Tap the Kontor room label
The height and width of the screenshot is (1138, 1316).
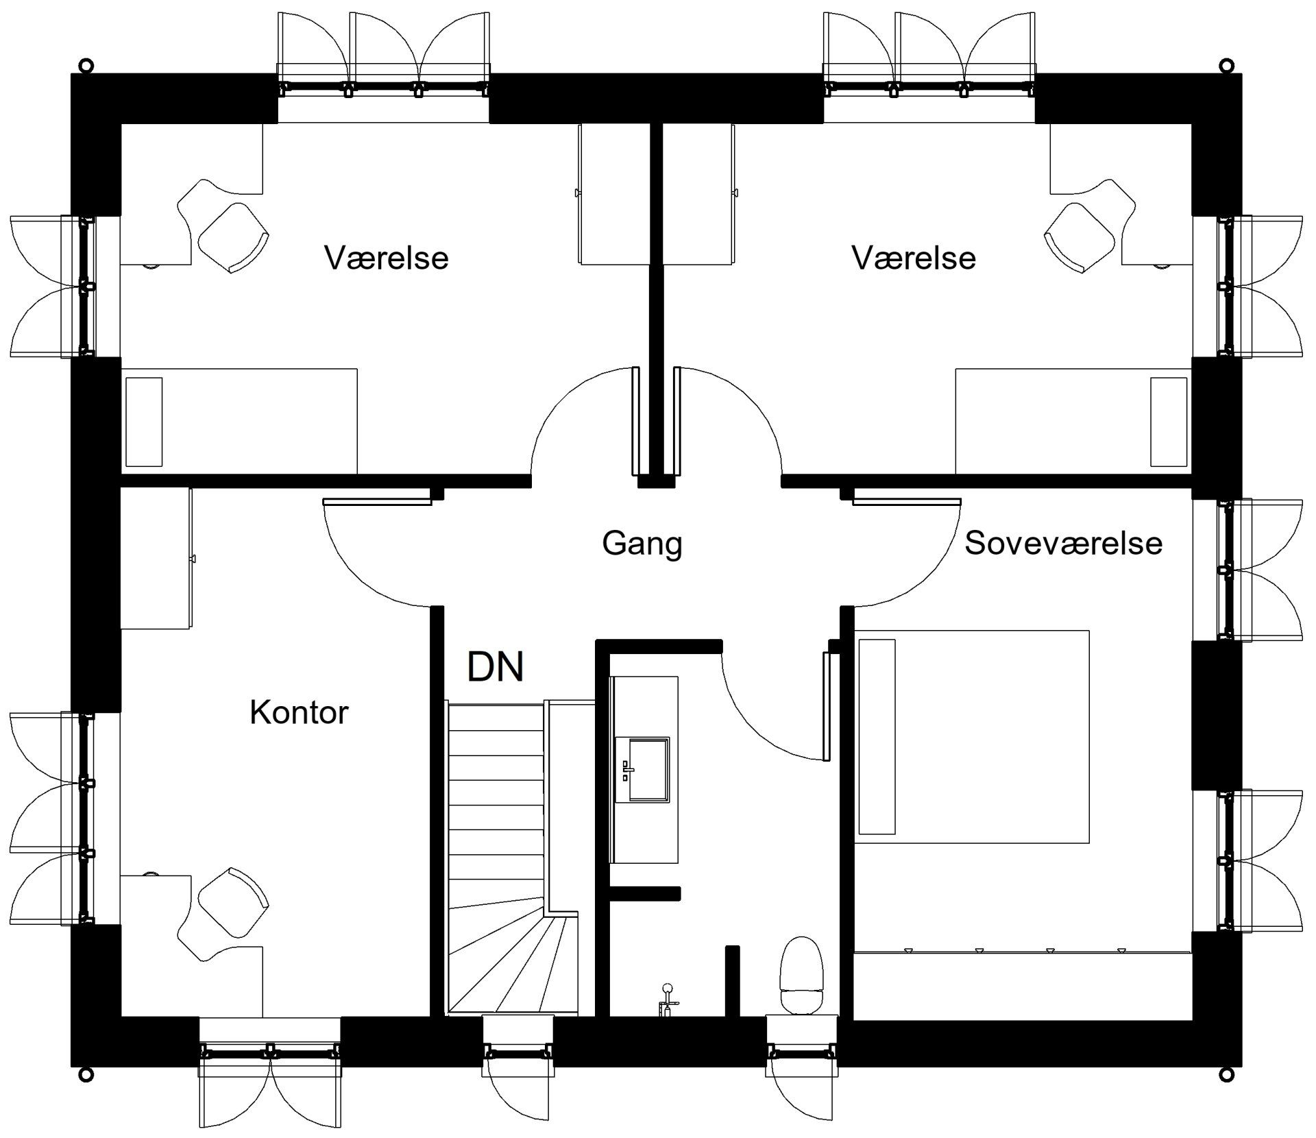click(299, 713)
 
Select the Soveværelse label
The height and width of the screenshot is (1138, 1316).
click(1064, 543)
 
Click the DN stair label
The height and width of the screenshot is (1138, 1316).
click(496, 666)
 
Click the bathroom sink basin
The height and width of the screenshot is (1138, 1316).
click(642, 769)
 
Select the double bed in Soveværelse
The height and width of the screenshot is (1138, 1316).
click(972, 736)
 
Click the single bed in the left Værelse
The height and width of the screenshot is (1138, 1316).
click(239, 421)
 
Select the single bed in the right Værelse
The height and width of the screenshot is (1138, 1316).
click(1074, 421)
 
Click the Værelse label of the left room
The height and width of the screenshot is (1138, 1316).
click(387, 258)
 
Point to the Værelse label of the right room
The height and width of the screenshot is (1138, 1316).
click(914, 258)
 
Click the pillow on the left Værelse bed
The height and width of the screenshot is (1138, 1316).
click(144, 422)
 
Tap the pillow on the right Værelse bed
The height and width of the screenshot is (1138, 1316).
click(1169, 422)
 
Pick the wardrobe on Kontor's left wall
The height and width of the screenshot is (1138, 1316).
click(157, 558)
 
